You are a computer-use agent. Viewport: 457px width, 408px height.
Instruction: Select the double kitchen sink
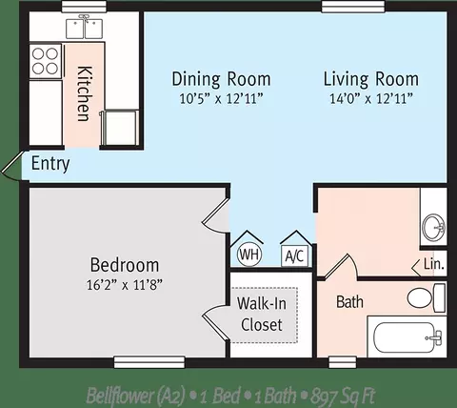85,28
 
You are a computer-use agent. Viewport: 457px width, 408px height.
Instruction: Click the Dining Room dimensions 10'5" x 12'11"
222,98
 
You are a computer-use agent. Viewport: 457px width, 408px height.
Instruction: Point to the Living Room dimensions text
371,98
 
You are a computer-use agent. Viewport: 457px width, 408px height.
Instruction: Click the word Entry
50,164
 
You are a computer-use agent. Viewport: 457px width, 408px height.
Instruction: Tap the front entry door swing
12,166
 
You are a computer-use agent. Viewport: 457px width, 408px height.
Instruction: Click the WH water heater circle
249,255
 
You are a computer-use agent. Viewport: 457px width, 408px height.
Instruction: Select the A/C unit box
295,255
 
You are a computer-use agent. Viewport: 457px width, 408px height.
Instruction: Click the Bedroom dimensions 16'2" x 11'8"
125,285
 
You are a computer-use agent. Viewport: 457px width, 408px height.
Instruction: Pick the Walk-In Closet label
262,315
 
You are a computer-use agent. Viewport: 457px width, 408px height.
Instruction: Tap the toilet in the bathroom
427,298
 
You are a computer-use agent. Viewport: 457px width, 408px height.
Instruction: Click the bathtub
407,337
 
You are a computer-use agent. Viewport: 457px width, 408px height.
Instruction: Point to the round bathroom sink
434,227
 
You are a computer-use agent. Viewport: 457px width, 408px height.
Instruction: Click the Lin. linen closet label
433,264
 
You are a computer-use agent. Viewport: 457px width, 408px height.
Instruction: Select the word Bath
349,301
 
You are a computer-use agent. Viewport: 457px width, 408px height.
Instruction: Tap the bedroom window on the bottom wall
149,362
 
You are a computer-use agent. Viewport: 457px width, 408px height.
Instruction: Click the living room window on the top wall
353,7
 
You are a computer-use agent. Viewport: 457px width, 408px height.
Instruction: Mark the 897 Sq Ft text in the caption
344,396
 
